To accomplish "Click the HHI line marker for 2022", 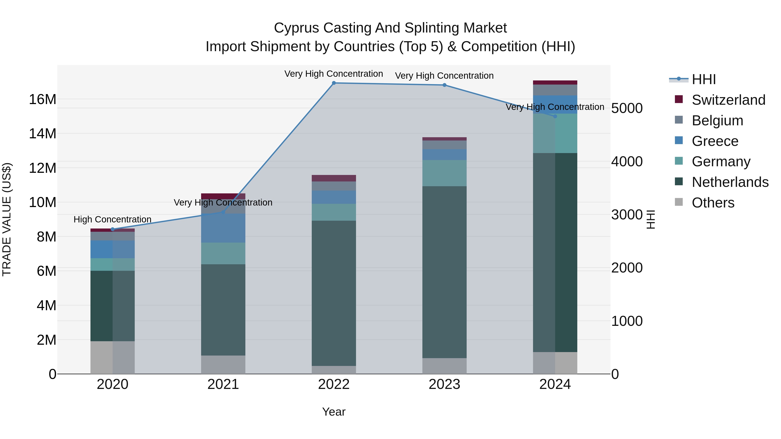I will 334,83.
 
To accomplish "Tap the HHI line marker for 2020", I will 112,229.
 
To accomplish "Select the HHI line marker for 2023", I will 445,85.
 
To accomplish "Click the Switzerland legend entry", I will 728,100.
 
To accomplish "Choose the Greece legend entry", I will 715,141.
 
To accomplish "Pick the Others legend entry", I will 713,203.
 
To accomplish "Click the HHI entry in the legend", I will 703,79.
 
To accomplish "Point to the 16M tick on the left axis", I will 43,99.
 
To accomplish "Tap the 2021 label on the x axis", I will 223,384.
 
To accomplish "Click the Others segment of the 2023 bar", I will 445,366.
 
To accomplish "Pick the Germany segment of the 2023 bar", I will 445,173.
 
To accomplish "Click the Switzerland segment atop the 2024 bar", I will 555,82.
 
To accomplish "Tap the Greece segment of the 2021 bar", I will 223,228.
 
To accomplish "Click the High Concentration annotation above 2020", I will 112,219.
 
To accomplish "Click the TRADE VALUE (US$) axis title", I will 7,219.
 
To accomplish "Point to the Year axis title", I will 334,412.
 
